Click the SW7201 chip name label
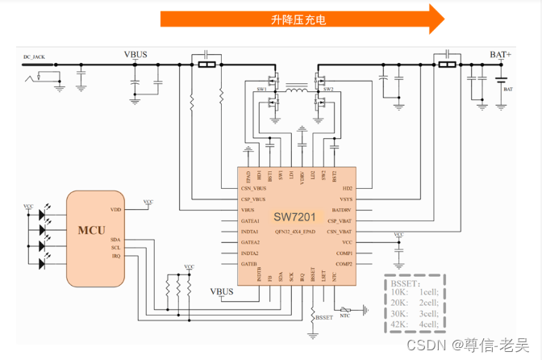pyautogui.click(x=294, y=216)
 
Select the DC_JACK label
pyautogui.click(x=35, y=57)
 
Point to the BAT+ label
pyautogui.click(x=500, y=55)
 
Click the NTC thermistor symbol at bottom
pyautogui.click(x=345, y=310)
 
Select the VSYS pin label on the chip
pyautogui.click(x=346, y=199)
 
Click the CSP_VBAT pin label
pyautogui.click(x=340, y=220)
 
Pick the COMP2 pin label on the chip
pyautogui.click(x=344, y=264)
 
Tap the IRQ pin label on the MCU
pyautogui.click(x=116, y=256)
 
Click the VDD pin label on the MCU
pyautogui.click(x=115, y=209)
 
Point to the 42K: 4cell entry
pyautogui.click(x=415, y=324)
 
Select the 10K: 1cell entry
pyautogui.click(x=415, y=293)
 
